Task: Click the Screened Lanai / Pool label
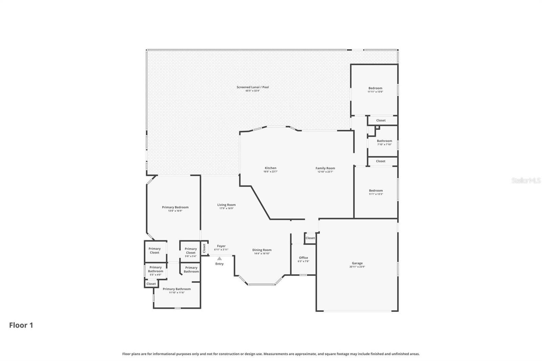tap(253, 87)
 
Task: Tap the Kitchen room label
tap(270, 168)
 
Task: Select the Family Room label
tap(325, 168)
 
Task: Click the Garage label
tap(357, 263)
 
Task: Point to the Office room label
tap(304, 258)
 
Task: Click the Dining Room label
tap(262, 250)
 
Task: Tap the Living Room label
tap(226, 205)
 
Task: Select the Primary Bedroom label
tap(175, 207)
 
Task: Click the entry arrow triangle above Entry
tap(220, 258)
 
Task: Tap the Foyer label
tap(221, 246)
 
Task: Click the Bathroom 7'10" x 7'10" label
tap(384, 141)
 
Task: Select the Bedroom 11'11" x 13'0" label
tap(375, 88)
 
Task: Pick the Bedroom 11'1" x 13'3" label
tap(376, 191)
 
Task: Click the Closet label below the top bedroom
tap(381, 121)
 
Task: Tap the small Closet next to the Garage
tap(310, 238)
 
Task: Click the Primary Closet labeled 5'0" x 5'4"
tap(191, 251)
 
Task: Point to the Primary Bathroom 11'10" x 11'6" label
tap(176, 289)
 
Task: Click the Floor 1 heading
tap(21, 325)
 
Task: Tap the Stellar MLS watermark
tap(526, 180)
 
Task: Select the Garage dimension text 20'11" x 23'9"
tap(357, 267)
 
